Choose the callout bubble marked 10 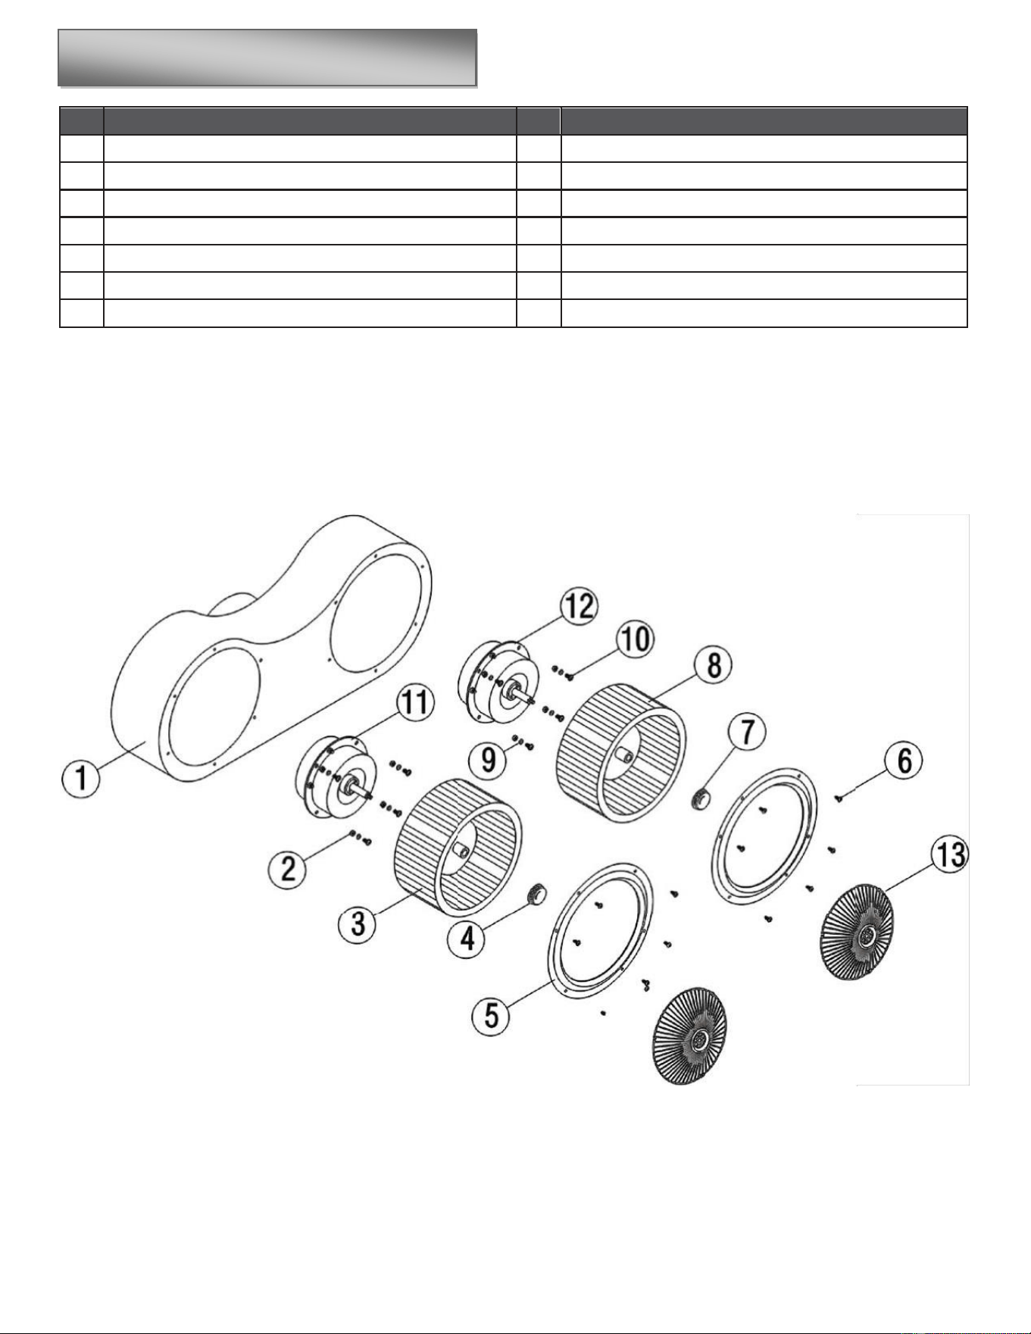point(635,639)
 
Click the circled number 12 point(580,608)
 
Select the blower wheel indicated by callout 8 point(621,749)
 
